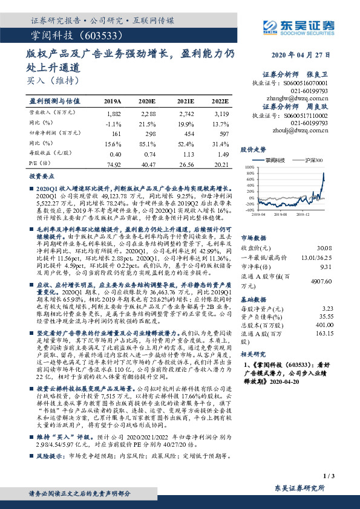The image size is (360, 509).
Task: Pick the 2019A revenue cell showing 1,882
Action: (x=113, y=113)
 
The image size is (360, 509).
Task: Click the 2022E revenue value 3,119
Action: (x=221, y=113)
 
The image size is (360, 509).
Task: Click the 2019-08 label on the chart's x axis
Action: (x=280, y=214)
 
